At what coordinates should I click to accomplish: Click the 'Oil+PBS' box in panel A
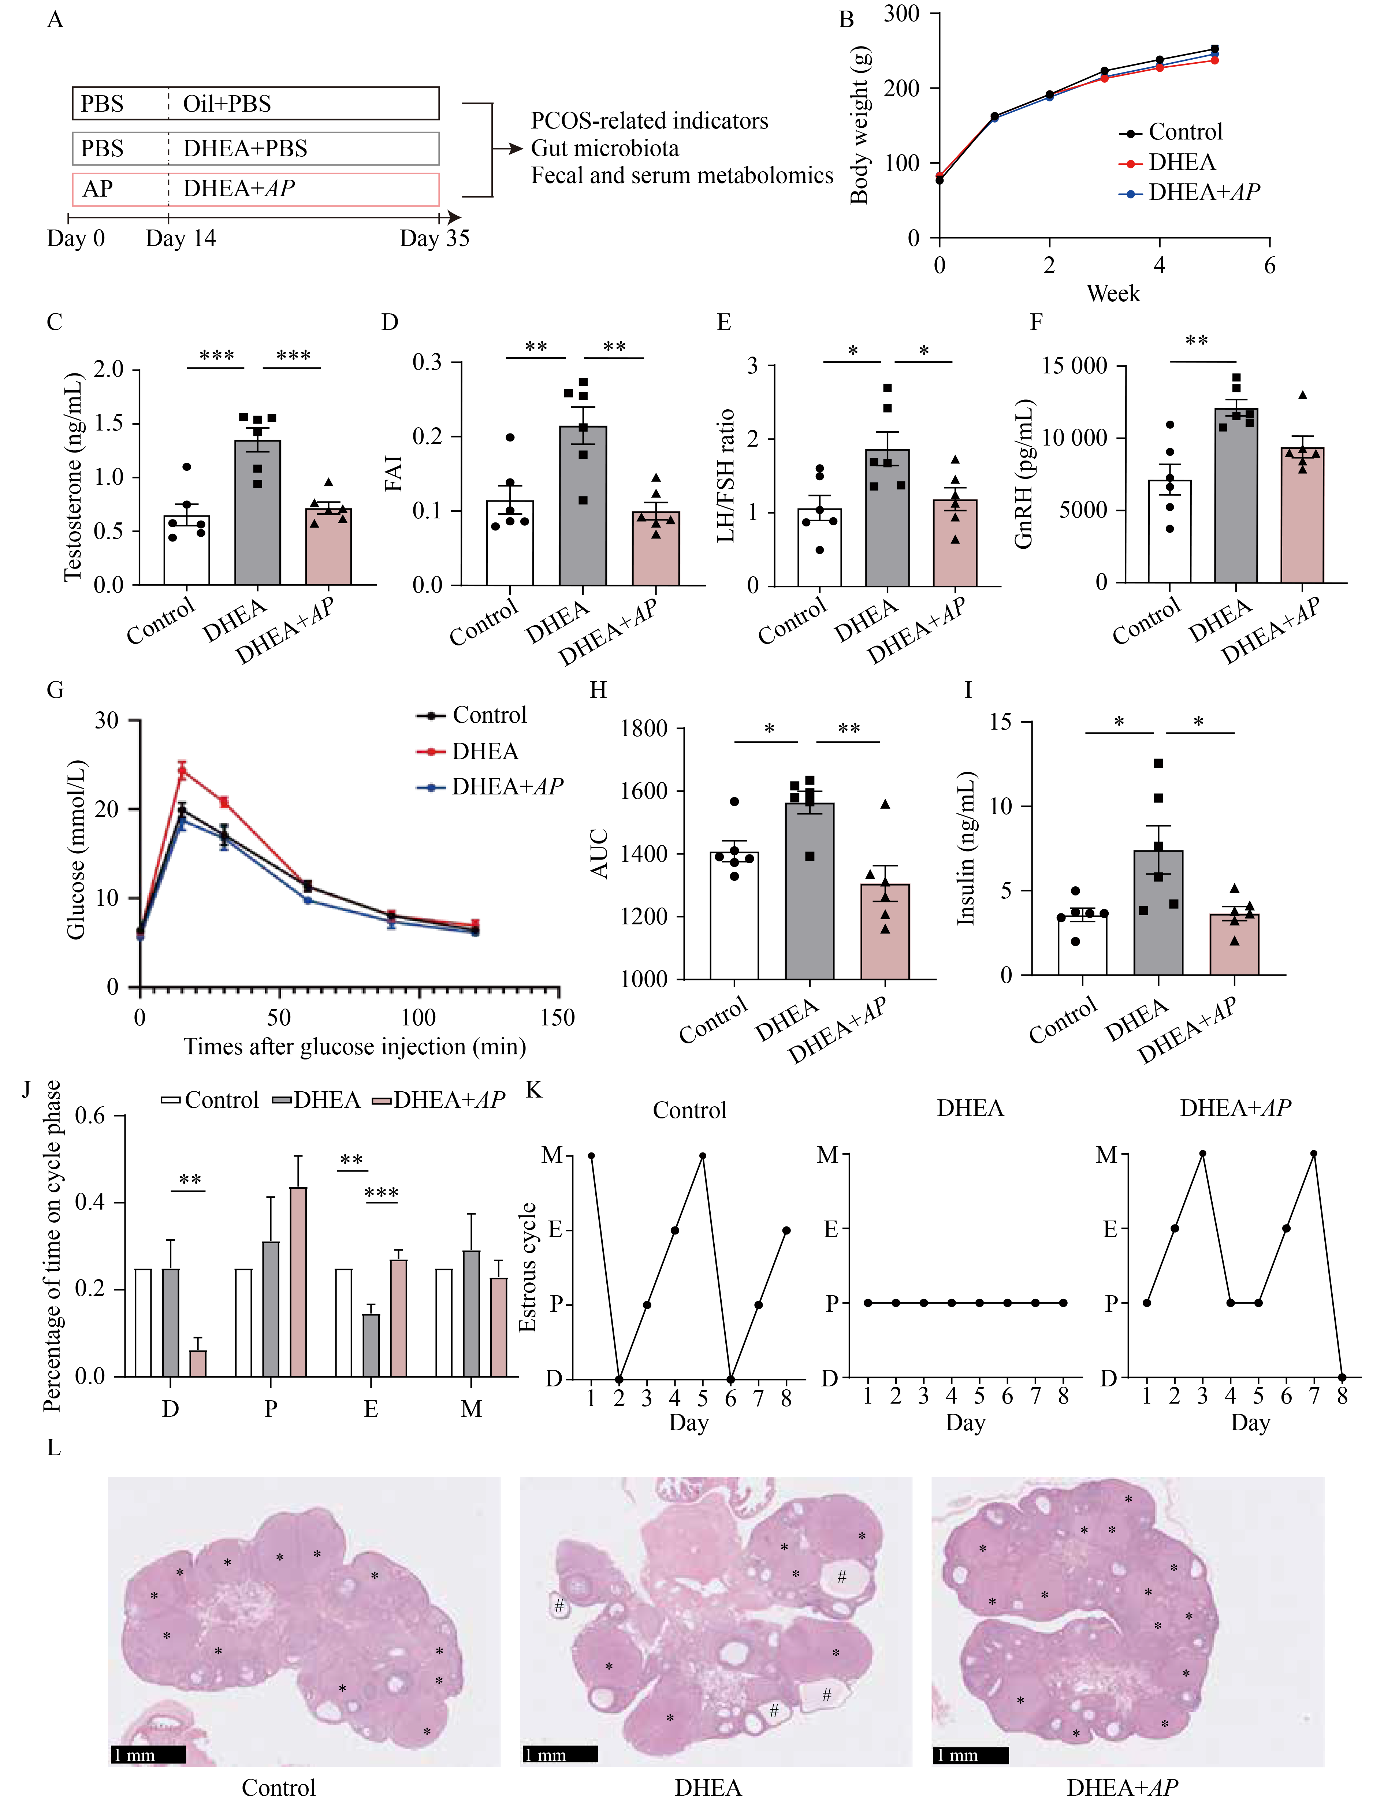[x=256, y=104]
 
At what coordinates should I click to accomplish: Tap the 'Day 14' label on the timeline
[x=181, y=239]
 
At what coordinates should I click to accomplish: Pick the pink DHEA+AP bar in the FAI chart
[x=656, y=548]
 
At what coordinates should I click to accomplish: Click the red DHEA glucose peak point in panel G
[x=182, y=771]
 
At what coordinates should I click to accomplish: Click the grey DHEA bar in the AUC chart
[x=809, y=890]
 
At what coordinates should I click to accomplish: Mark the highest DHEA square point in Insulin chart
[x=1158, y=764]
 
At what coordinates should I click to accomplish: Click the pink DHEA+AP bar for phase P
[x=298, y=1281]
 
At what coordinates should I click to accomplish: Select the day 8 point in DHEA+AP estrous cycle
[x=1342, y=1377]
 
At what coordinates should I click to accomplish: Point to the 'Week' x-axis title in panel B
[x=1113, y=294]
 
